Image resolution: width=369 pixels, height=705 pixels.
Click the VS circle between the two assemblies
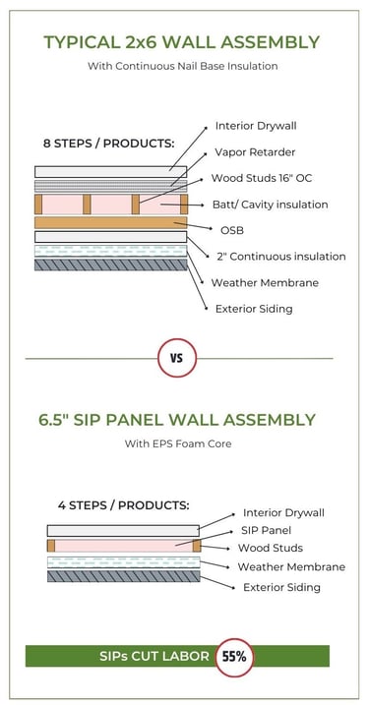click(x=177, y=358)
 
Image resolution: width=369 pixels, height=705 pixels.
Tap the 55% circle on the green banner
click(x=234, y=657)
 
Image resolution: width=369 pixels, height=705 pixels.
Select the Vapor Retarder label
click(x=255, y=152)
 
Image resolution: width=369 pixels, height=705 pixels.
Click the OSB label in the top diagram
click(x=232, y=230)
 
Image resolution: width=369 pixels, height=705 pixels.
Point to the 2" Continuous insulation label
click(x=281, y=257)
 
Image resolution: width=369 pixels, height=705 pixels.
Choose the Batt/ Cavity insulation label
click(x=270, y=205)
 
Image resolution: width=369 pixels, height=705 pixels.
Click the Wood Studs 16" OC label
click(x=262, y=178)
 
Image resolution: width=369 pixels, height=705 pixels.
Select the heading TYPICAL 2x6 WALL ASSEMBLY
click(x=182, y=42)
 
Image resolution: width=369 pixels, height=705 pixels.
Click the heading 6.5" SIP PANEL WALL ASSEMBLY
click(x=177, y=420)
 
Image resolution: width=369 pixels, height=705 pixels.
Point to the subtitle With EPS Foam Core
click(x=178, y=443)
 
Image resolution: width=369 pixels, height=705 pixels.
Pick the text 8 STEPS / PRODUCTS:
click(x=108, y=144)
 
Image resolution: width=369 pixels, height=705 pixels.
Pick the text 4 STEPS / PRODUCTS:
click(x=123, y=505)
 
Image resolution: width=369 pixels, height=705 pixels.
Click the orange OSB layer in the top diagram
click(x=110, y=222)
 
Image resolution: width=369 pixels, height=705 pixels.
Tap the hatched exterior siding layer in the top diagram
click(x=110, y=264)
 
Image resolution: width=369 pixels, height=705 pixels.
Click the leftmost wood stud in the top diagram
click(x=38, y=205)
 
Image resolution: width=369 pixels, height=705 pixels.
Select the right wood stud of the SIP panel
click(x=197, y=546)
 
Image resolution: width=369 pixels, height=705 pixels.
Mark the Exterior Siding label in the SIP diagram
click(x=281, y=587)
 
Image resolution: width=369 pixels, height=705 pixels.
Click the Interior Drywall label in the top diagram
click(x=256, y=126)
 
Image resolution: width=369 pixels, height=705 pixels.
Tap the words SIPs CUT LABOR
click(x=154, y=657)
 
